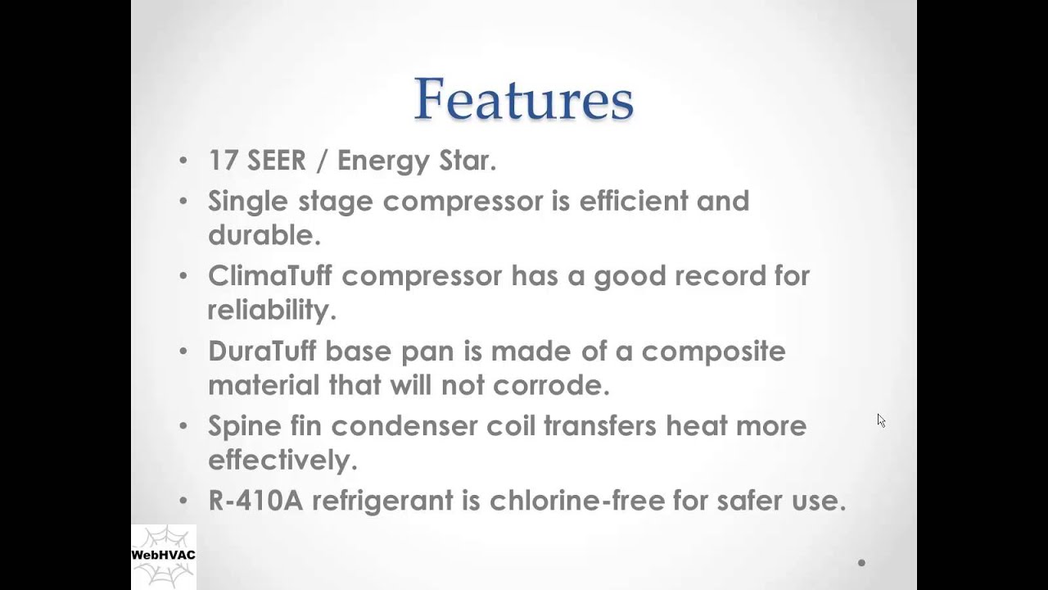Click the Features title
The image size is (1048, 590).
(524, 99)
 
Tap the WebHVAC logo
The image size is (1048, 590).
(164, 556)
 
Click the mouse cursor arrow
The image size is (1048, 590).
(882, 420)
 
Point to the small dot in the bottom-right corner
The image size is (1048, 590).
(862, 563)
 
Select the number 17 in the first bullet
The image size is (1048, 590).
(223, 160)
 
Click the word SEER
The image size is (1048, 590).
(277, 160)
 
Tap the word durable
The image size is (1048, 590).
(264, 234)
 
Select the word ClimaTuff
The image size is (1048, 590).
(270, 275)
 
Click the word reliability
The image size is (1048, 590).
(272, 311)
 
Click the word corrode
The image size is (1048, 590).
(551, 384)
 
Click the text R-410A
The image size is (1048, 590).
(255, 500)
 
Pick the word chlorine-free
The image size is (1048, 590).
(577, 500)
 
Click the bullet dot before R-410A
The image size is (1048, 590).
(183, 500)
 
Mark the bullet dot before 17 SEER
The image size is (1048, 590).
(183, 160)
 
